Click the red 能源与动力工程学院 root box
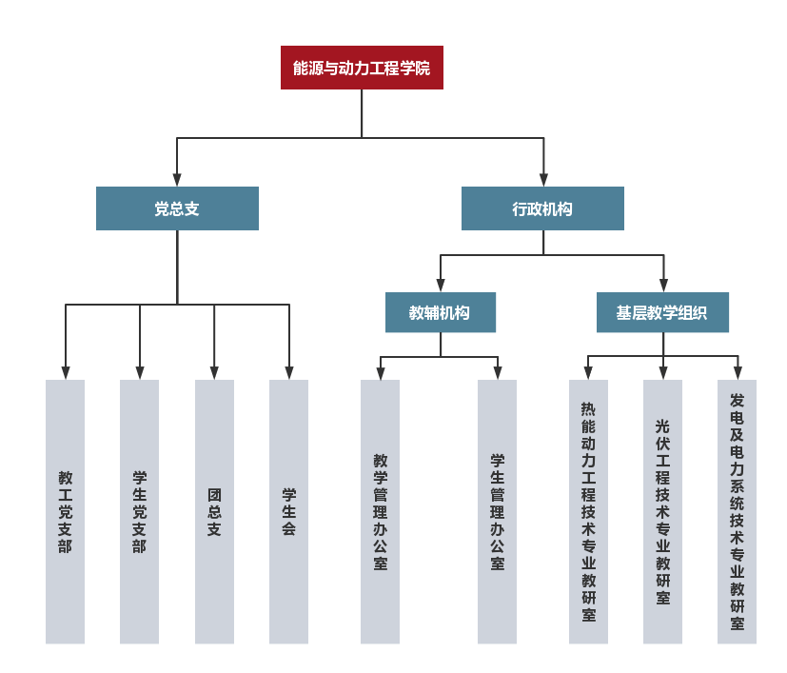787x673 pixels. click(362, 68)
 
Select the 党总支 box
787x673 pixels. click(177, 208)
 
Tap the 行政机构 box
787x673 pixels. click(542, 208)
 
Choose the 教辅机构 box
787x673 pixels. click(441, 312)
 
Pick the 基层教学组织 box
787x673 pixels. click(663, 312)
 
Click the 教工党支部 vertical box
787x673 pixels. click(65, 512)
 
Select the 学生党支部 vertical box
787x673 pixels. click(139, 512)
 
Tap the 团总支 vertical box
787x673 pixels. click(214, 512)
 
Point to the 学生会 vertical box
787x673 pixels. click(288, 512)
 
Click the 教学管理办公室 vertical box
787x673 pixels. click(380, 512)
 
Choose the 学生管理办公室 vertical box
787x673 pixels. click(497, 512)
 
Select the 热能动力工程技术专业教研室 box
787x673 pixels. click(588, 512)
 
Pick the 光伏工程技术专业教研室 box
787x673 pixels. click(662, 512)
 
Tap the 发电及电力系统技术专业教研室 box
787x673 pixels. click(737, 512)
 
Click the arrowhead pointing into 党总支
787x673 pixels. click(177, 180)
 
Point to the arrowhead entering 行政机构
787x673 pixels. click(543, 180)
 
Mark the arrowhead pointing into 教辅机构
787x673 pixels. click(441, 286)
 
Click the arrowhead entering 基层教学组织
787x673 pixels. click(663, 286)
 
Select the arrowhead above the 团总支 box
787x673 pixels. click(214, 373)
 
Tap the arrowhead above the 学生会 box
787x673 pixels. click(289, 373)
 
